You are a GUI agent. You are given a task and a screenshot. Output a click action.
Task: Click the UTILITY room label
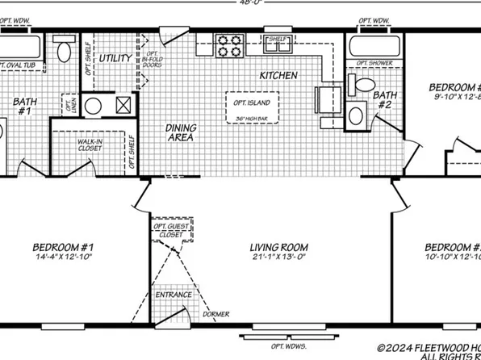pos(115,59)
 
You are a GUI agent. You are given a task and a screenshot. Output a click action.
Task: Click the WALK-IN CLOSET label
pos(89,144)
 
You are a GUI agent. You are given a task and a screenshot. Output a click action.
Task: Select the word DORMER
pos(216,313)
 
